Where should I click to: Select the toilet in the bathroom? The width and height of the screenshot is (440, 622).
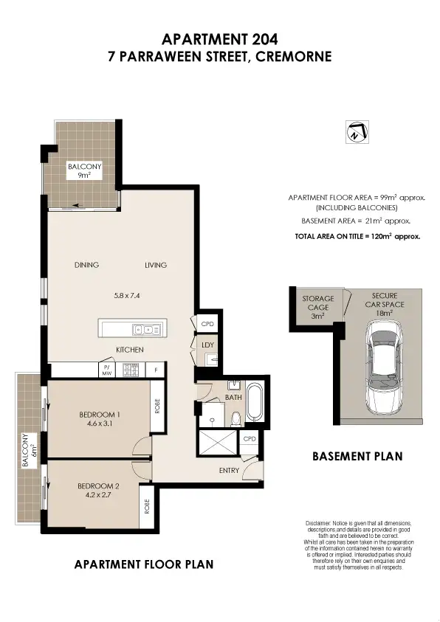click(235, 420)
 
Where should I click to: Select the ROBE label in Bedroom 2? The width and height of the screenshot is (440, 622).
click(147, 506)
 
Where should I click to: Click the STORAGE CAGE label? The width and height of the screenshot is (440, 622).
click(318, 303)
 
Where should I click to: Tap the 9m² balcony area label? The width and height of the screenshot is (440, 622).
click(84, 176)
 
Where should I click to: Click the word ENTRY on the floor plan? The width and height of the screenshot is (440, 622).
click(228, 470)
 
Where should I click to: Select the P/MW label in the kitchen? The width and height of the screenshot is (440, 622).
click(106, 369)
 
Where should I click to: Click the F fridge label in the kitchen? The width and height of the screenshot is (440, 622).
click(156, 369)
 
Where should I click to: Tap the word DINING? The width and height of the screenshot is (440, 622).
click(86, 265)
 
